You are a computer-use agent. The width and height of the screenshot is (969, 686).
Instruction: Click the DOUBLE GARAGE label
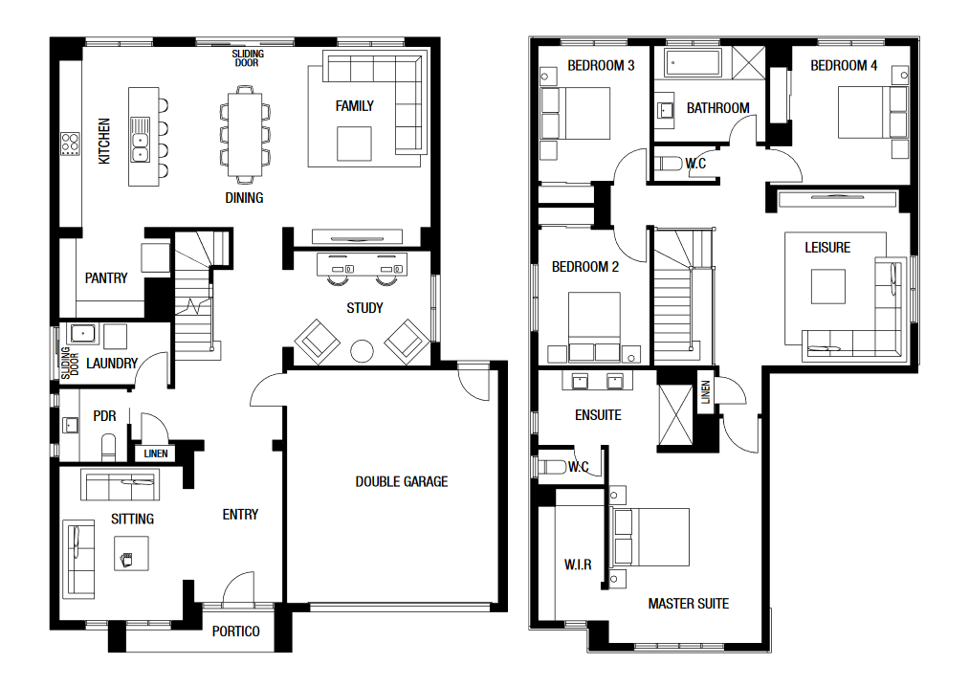pyautogui.click(x=401, y=481)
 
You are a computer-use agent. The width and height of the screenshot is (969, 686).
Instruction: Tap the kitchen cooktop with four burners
pyautogui.click(x=70, y=144)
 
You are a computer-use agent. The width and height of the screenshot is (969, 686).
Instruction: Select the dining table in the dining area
pyautogui.click(x=245, y=135)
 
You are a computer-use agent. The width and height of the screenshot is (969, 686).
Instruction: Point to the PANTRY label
pyautogui.click(x=106, y=278)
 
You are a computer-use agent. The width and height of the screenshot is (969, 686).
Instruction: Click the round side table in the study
pyautogui.click(x=363, y=351)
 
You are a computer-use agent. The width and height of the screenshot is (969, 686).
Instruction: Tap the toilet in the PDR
pyautogui.click(x=108, y=447)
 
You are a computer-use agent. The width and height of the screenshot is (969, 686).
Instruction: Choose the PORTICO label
pyautogui.click(x=235, y=631)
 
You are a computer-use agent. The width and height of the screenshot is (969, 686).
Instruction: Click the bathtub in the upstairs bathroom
pyautogui.click(x=693, y=62)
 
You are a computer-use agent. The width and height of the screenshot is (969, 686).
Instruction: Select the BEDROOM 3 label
pyautogui.click(x=601, y=65)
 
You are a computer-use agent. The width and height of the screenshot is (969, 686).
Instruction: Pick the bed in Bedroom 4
pyautogui.click(x=872, y=113)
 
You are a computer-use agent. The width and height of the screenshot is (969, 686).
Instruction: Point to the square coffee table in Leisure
pyautogui.click(x=828, y=286)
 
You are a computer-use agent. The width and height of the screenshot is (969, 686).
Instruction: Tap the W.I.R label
pyautogui.click(x=578, y=564)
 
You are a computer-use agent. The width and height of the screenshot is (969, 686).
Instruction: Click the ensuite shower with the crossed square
pyautogui.click(x=675, y=414)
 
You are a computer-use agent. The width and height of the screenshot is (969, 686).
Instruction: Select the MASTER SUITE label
pyautogui.click(x=689, y=603)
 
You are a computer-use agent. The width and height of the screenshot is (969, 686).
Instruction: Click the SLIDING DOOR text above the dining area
pyautogui.click(x=248, y=58)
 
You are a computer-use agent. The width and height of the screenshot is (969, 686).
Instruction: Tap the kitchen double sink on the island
pyautogui.click(x=141, y=140)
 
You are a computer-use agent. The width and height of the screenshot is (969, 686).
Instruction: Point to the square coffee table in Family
pyautogui.click(x=354, y=144)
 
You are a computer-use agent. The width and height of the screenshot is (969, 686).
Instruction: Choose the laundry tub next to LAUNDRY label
pyautogui.click(x=83, y=334)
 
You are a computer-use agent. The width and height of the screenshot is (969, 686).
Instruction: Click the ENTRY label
pyautogui.click(x=240, y=514)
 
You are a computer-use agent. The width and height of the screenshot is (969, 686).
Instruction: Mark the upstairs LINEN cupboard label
pyautogui.click(x=706, y=392)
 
